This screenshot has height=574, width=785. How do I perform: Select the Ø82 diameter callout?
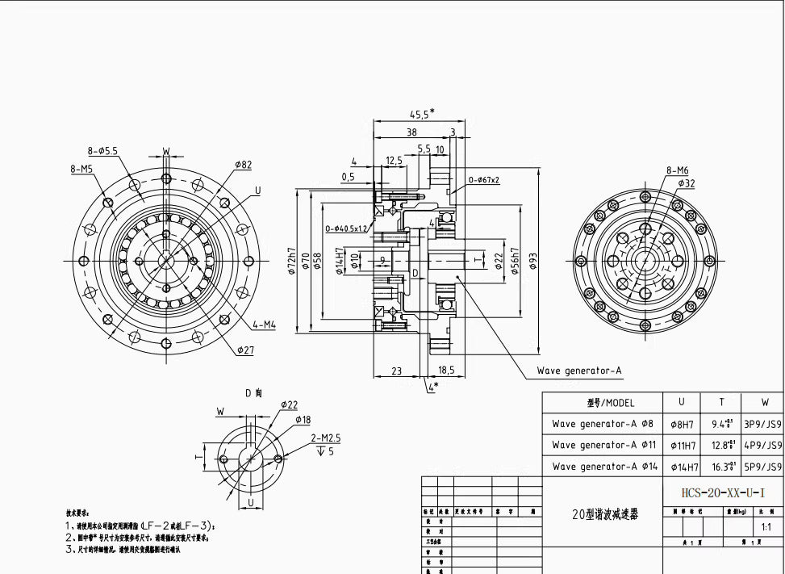[243, 165]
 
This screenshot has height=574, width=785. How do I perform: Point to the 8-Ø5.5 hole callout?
[103, 151]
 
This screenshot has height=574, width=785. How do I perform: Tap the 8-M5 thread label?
[81, 169]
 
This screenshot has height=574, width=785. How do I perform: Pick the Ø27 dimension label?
[246, 350]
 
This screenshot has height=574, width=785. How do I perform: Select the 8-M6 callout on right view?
[677, 170]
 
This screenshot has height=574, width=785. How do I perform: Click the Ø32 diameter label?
[686, 183]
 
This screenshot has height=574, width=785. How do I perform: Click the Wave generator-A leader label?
[579, 371]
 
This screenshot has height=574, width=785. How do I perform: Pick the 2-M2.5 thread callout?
[327, 438]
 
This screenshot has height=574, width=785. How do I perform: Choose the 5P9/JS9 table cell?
[762, 467]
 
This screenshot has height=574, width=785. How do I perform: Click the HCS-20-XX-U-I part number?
[722, 492]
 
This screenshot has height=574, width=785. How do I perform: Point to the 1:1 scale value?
[766, 527]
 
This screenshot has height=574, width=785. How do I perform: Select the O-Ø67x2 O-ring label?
[484, 180]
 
